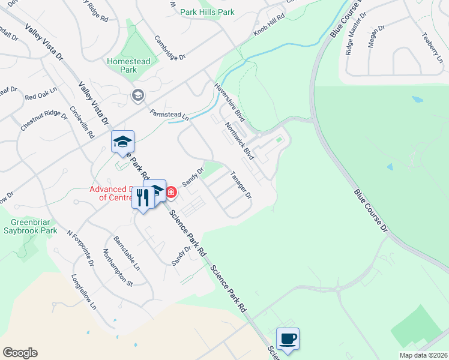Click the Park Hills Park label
208,11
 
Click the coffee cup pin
288,338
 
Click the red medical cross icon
171,192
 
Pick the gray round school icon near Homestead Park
138,95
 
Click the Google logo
20,352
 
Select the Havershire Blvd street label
231,101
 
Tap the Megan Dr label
377,37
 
